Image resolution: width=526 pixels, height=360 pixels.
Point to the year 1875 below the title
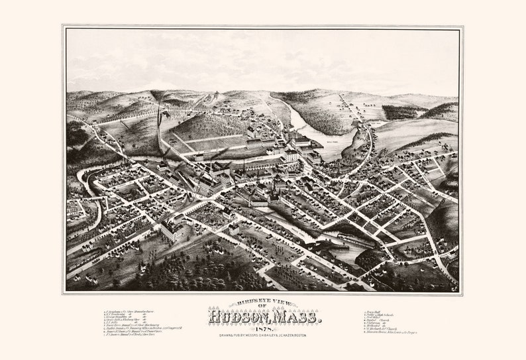click(264, 330)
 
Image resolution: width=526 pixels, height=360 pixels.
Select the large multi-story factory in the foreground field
click(173, 229)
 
